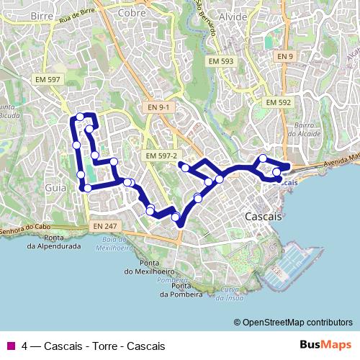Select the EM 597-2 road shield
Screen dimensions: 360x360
click(x=161, y=156)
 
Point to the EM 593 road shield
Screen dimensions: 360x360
click(x=221, y=62)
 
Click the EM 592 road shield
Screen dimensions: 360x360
click(x=279, y=103)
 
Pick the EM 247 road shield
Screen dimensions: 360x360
click(x=106, y=226)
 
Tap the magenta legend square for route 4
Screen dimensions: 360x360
click(x=10, y=346)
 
